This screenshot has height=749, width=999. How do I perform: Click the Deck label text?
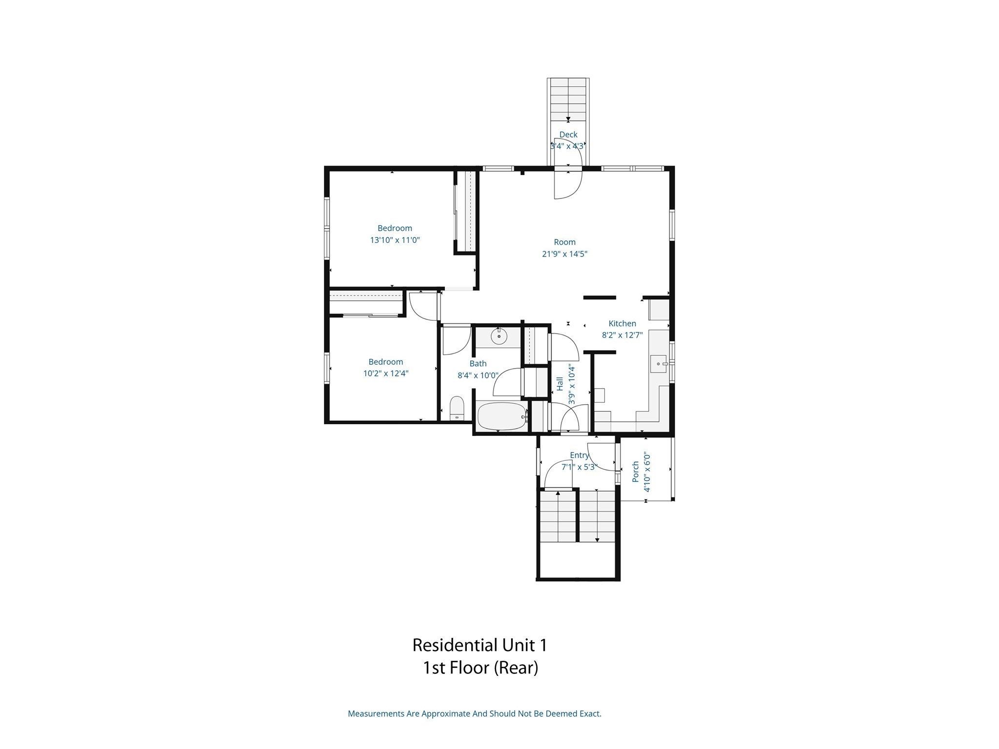pyautogui.click(x=568, y=135)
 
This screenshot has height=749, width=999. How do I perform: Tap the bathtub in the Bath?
pyautogui.click(x=501, y=416)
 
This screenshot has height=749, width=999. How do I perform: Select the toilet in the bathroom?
pyautogui.click(x=457, y=408)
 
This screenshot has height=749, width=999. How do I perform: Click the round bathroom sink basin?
pyautogui.click(x=499, y=336)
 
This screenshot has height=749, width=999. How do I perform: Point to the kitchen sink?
pyautogui.click(x=658, y=364)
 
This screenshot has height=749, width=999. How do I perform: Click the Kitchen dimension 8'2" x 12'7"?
pyautogui.click(x=622, y=335)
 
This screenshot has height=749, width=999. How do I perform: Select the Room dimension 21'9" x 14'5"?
pyautogui.click(x=564, y=254)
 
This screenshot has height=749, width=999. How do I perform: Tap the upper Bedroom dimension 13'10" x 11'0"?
pyautogui.click(x=395, y=240)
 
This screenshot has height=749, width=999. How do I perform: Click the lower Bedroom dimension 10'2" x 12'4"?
pyautogui.click(x=385, y=374)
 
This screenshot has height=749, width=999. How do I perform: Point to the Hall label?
pyautogui.click(x=560, y=384)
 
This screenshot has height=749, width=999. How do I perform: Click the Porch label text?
pyautogui.click(x=636, y=472)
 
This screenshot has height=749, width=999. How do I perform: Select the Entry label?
pyautogui.click(x=579, y=455)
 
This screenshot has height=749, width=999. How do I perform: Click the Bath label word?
pyautogui.click(x=478, y=363)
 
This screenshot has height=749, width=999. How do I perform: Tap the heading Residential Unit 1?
pyautogui.click(x=480, y=645)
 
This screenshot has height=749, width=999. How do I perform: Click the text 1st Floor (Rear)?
pyautogui.click(x=480, y=668)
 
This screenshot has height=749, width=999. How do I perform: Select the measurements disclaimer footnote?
pyautogui.click(x=474, y=713)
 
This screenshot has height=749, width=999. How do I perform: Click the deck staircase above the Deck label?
pyautogui.click(x=568, y=100)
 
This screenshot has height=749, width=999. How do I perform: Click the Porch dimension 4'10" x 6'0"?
pyautogui.click(x=647, y=472)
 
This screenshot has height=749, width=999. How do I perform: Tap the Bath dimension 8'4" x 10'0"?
pyautogui.click(x=478, y=375)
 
